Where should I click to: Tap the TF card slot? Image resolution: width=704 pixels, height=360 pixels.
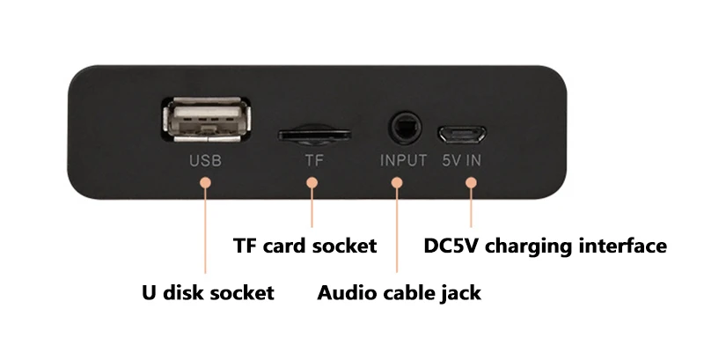click(311, 135)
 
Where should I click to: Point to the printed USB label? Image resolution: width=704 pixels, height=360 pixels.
click(206, 161)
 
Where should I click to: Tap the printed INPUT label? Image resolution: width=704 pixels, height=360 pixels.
click(403, 161)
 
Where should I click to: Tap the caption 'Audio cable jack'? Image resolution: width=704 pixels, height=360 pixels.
click(399, 292)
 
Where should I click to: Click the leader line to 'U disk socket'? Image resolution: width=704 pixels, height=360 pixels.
click(205, 229)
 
